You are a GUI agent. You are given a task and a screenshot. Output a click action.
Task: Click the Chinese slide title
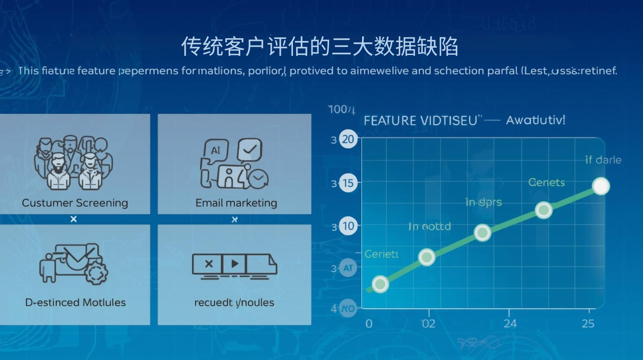(x=319, y=47)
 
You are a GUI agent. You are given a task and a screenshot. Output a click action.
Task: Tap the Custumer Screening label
(x=75, y=203)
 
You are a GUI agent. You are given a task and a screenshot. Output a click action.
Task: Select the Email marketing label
(x=236, y=203)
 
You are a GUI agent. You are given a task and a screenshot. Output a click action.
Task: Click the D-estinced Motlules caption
(x=76, y=302)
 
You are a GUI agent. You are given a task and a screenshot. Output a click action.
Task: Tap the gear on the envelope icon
(x=96, y=272)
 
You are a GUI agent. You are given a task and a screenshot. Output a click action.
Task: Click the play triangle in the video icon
(x=235, y=264)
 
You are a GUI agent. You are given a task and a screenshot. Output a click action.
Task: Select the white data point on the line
(x=601, y=186)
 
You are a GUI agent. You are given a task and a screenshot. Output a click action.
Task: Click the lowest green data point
(x=380, y=284)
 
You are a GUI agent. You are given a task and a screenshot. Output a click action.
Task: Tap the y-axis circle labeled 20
(x=348, y=139)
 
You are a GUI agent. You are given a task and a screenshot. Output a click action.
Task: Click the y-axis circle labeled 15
(x=348, y=183)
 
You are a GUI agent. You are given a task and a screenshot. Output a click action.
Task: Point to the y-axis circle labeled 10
(x=348, y=226)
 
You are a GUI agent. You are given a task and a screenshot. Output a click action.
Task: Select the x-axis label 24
(x=510, y=323)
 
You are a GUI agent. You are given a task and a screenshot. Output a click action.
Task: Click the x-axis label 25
(x=588, y=323)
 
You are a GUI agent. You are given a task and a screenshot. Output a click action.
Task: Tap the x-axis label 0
(x=369, y=323)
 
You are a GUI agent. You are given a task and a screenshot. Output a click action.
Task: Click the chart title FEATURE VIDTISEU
(x=420, y=121)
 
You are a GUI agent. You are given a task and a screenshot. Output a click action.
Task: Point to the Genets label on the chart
(x=546, y=183)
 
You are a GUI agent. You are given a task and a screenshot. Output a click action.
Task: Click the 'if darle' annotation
(x=603, y=160)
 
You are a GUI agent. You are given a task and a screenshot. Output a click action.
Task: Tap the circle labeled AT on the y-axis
(x=348, y=268)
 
